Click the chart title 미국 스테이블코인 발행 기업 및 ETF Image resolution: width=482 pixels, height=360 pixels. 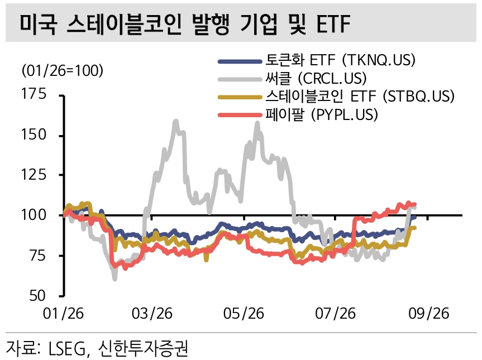185,24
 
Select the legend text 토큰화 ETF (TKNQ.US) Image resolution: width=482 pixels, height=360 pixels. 340,60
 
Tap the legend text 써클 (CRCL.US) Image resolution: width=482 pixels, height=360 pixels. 316,78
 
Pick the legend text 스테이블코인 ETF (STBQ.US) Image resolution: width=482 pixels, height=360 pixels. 360,96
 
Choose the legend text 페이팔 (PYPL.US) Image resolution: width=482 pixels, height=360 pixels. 322,114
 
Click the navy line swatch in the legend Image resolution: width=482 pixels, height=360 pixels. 240,61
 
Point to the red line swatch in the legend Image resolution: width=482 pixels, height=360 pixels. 240,116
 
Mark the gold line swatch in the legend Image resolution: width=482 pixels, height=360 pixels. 240,97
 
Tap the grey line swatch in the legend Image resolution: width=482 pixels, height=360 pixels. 240,79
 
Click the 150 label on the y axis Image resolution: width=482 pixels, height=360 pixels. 34,134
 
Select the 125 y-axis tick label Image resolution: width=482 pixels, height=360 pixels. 34,175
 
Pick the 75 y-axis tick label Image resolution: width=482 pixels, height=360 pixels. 38,255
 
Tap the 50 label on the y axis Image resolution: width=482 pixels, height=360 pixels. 38,296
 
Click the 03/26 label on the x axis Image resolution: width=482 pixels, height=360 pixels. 152,314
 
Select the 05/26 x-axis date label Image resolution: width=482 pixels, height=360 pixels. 244,314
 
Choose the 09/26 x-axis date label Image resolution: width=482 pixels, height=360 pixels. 428,314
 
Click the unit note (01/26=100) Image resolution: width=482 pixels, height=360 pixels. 63,71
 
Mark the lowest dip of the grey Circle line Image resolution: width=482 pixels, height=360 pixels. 114,279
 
